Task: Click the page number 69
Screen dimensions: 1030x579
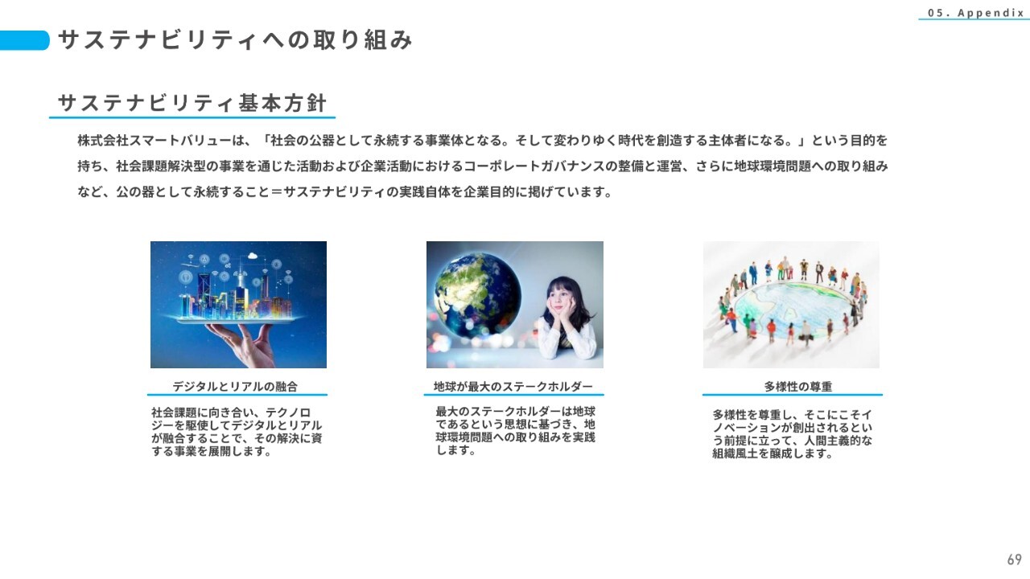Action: coord(1015,559)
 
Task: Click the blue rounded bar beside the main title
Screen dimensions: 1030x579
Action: coord(24,40)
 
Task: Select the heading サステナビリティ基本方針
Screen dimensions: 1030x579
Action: coord(192,103)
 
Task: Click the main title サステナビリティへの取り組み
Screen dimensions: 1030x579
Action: coord(235,39)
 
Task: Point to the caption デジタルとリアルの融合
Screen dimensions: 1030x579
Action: coord(235,387)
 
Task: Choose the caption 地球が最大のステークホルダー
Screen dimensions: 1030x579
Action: coord(513,387)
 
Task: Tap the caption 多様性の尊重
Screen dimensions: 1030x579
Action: coord(798,387)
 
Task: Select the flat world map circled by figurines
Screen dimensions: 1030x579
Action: coord(793,307)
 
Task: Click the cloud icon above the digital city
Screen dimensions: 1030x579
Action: coord(252,257)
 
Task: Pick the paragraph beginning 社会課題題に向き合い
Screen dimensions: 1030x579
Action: coord(237,432)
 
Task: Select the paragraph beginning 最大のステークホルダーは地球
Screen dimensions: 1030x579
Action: coord(516,430)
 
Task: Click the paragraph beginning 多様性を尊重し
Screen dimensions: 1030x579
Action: coord(793,433)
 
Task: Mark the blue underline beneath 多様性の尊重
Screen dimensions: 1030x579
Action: coord(793,394)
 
